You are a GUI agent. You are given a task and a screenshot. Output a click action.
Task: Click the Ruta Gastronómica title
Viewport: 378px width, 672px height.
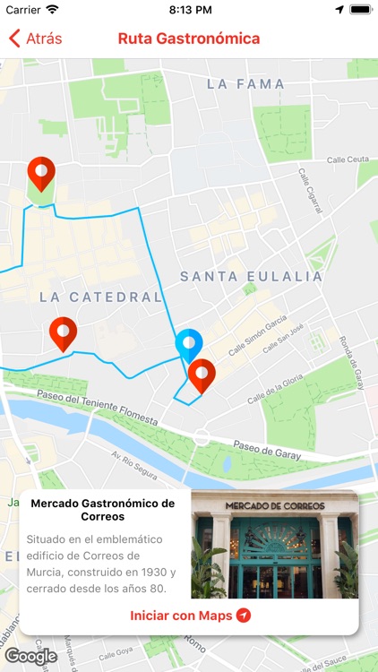(189, 39)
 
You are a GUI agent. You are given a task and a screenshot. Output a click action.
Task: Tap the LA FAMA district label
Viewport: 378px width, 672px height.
(245, 84)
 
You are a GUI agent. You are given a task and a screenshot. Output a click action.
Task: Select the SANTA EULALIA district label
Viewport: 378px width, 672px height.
(251, 277)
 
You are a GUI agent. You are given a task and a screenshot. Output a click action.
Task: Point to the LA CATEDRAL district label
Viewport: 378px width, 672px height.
(100, 297)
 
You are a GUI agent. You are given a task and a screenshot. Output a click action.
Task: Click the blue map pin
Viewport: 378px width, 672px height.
(189, 344)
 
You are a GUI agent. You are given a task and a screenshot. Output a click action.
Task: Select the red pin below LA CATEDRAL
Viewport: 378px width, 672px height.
(63, 333)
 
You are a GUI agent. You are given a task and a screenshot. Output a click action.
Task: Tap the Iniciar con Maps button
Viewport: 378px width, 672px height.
(190, 616)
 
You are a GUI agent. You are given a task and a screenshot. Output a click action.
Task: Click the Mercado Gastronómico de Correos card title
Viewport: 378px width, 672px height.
(103, 510)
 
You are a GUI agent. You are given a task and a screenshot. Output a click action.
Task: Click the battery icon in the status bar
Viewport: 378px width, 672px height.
(360, 9)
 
